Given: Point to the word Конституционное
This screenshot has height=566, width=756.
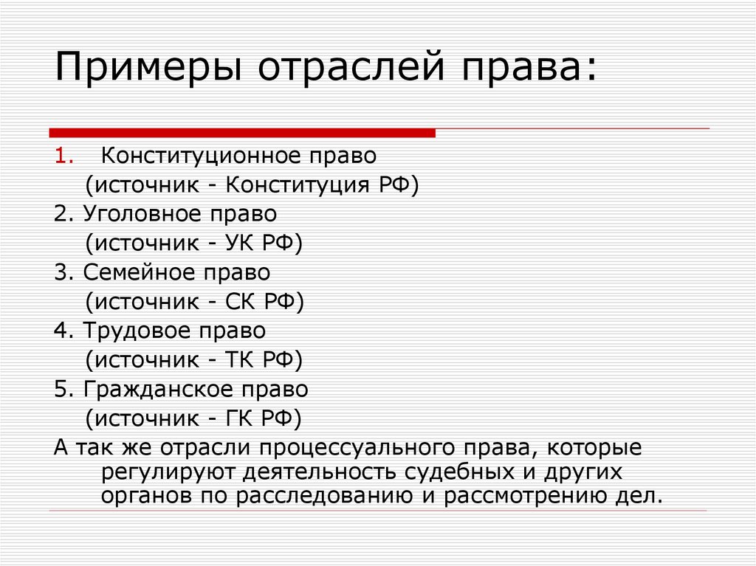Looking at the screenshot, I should pos(200,156).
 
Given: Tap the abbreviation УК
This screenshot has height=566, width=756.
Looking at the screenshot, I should pos(238,243).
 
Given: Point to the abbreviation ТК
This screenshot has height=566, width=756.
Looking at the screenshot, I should pos(237,359).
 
